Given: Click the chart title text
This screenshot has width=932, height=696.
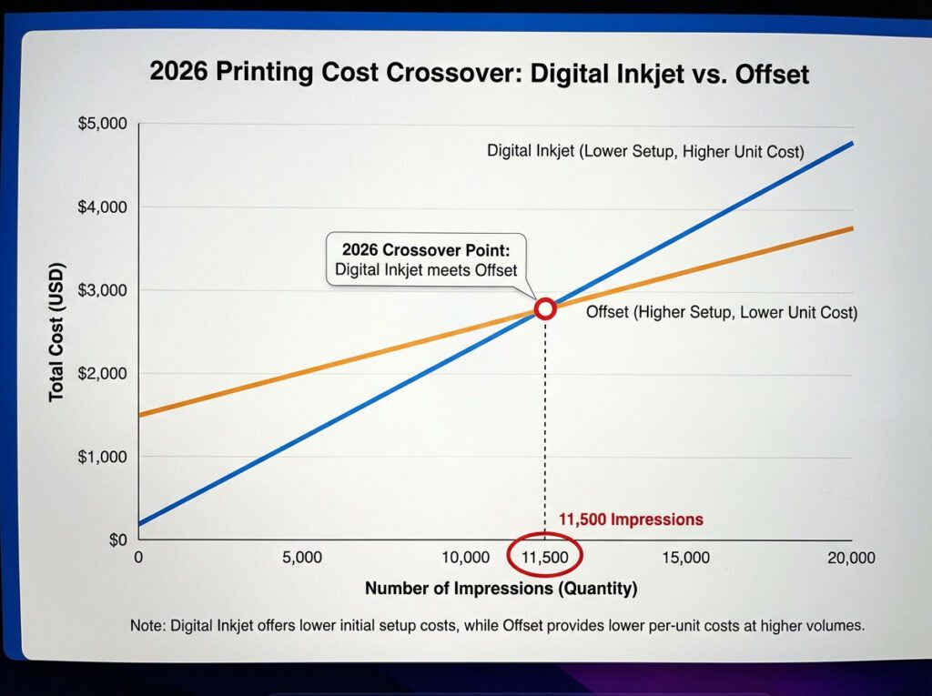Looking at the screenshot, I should coord(479,73).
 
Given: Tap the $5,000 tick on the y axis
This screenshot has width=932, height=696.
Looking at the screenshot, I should coord(102,125).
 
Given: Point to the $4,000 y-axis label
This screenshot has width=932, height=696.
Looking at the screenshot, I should coord(102,208).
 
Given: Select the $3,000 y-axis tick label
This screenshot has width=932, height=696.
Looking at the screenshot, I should coord(102,291).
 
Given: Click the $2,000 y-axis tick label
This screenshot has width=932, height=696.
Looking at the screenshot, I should coord(102,374).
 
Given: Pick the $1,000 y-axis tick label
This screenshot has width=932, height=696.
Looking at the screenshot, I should coord(102,457).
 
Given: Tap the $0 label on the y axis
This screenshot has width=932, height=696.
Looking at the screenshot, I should coord(116,540).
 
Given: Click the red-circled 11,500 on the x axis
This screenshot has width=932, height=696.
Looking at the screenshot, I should coord(544,557).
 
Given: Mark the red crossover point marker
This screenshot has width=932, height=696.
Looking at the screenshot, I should coord(545,308).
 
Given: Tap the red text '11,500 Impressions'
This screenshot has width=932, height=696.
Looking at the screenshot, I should coord(631,519).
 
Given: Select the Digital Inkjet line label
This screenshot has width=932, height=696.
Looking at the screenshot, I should coord(645,151).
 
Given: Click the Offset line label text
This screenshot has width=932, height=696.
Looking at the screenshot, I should coord(721,313).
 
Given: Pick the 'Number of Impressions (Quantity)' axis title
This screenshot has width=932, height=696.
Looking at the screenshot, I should coord(501,589).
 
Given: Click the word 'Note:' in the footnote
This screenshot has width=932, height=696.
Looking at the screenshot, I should coord(147,626).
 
